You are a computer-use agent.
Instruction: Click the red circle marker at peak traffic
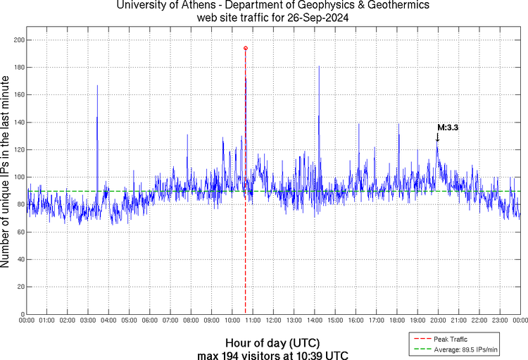click(x=245, y=48)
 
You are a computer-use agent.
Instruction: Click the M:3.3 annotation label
click(x=448, y=128)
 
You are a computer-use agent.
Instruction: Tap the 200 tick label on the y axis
click(x=18, y=40)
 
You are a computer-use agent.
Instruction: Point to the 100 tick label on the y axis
click(x=18, y=178)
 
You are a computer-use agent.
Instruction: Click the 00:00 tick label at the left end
click(x=27, y=321)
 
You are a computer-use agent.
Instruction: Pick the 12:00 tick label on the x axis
click(x=274, y=321)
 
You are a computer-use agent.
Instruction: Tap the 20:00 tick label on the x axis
click(x=438, y=321)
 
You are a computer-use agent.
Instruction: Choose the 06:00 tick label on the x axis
click(x=150, y=321)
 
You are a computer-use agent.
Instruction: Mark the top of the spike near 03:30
click(x=97, y=85)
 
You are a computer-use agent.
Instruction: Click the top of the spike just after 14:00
click(x=319, y=66)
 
